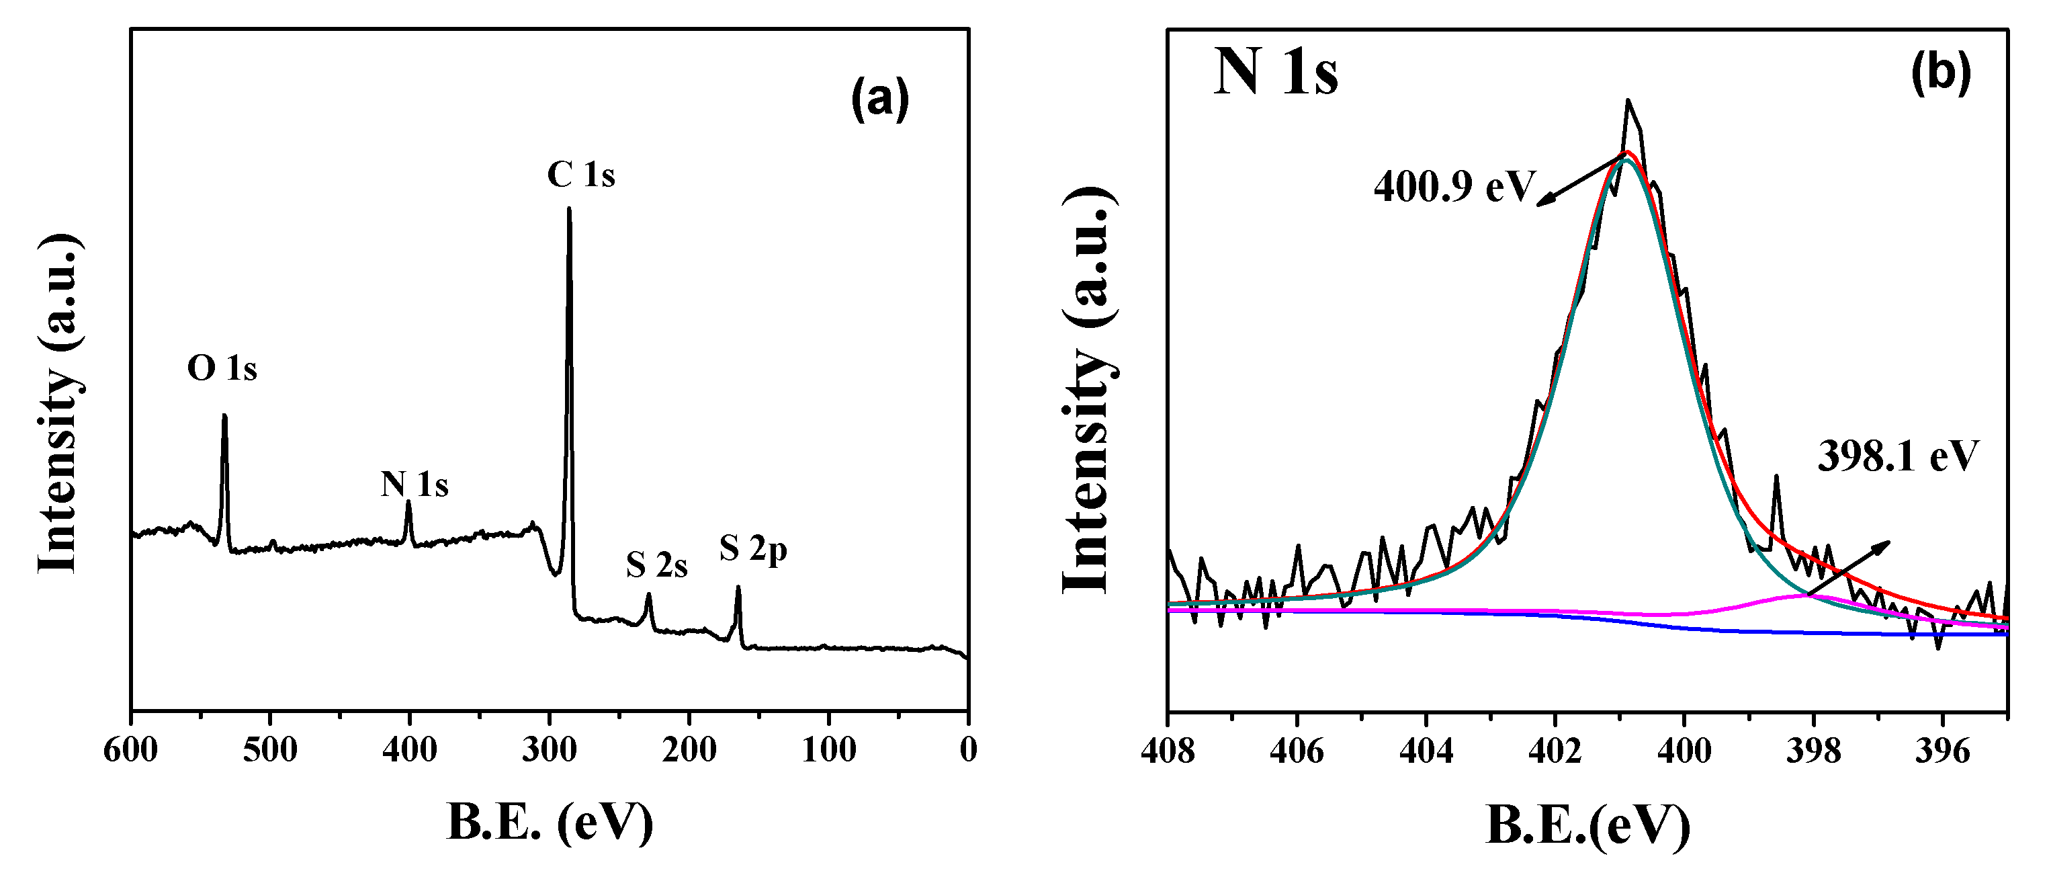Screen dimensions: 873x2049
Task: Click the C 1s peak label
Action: (x=580, y=175)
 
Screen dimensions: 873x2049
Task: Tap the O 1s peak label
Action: (x=222, y=368)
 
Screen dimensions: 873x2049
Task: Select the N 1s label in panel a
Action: (x=415, y=484)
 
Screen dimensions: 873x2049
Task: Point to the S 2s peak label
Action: (x=656, y=565)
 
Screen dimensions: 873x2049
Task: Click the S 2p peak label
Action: (x=753, y=549)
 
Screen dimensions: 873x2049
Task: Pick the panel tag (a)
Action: (x=880, y=99)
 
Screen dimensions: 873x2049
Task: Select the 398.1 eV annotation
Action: (x=1898, y=457)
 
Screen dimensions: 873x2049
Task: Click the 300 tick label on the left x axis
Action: (x=550, y=749)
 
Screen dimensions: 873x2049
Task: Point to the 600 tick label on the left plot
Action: (x=131, y=749)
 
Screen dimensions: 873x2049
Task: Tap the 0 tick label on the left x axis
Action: (x=968, y=749)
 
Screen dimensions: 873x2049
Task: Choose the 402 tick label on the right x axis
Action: (x=1555, y=751)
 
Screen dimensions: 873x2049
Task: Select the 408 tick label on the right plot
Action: (x=1168, y=751)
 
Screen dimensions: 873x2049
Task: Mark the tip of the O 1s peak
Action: (x=224, y=415)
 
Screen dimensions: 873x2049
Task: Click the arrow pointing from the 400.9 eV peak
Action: (x=1579, y=181)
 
